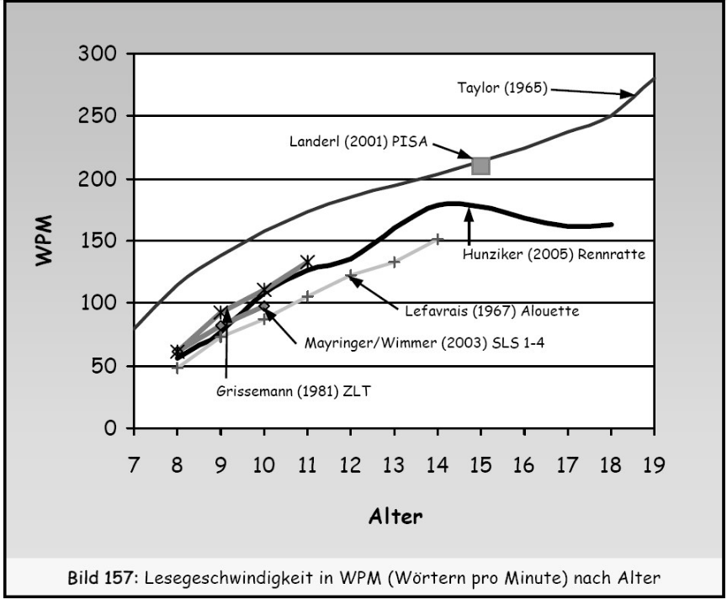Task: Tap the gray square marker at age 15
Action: [480, 165]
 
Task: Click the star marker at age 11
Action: [307, 262]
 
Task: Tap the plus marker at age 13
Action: [394, 262]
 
